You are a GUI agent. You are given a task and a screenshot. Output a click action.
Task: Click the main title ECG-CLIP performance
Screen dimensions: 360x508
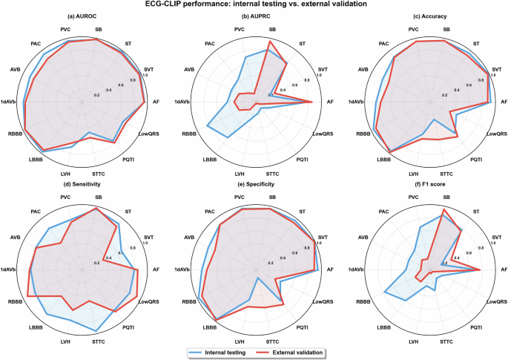click(254, 5)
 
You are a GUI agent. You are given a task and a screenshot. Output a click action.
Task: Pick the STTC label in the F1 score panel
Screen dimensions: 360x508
click(446, 341)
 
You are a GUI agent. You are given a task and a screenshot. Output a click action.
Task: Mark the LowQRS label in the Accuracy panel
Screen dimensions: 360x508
click(499, 134)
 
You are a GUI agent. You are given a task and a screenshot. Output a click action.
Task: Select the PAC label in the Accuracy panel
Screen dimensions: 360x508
click(383, 44)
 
